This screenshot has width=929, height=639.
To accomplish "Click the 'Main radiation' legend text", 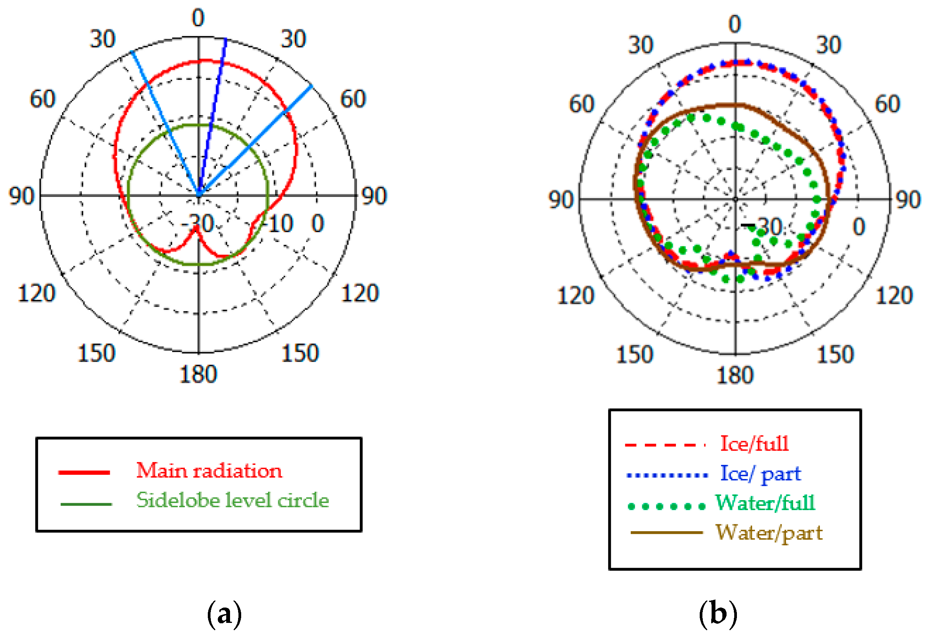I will coord(209,471).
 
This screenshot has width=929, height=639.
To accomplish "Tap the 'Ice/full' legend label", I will coord(754,444).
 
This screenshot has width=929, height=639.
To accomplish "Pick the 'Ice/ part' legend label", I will coord(760,474).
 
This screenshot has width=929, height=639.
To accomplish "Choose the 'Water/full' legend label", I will coord(765,503).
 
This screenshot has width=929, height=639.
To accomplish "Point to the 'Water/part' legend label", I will coord(768,533).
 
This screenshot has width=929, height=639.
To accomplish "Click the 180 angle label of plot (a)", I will coord(198,374).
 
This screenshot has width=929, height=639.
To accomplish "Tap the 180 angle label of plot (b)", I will coord(735,375).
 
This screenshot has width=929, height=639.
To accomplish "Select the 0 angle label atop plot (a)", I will coord(198,18).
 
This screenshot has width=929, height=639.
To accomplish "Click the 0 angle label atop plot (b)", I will coord(735,24).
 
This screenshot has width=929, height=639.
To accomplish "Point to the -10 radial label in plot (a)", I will coord(279,223).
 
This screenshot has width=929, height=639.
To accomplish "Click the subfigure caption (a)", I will coord(225,614).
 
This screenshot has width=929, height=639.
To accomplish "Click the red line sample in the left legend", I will coord(84,473).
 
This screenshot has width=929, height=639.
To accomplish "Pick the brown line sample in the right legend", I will coord(666,532).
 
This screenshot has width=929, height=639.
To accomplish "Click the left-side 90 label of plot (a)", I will coord(21,196).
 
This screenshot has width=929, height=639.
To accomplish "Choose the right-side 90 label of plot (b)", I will coord(908,200).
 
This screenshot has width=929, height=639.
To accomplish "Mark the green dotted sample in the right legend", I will coord(666,506).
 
